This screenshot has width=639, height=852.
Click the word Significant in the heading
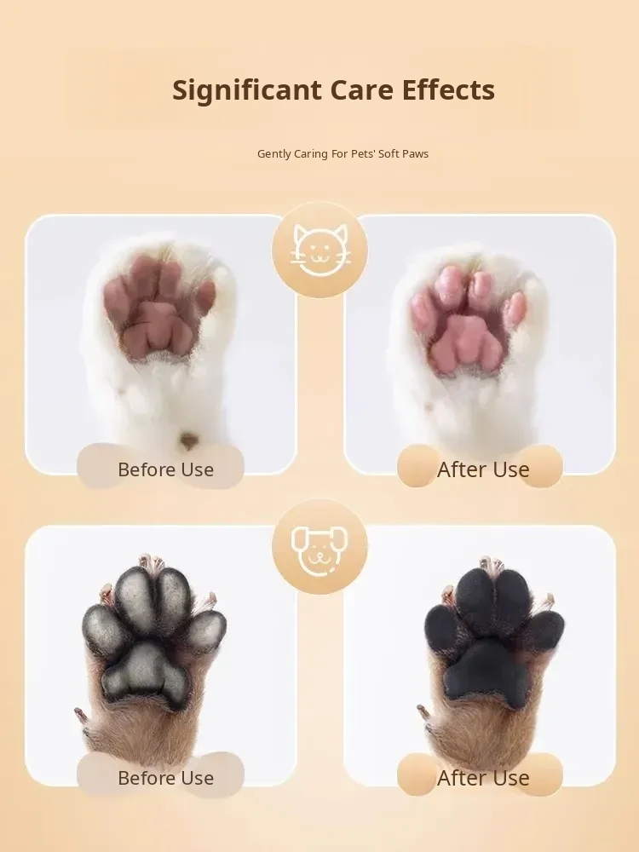coord(247,91)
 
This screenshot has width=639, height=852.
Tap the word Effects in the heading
coord(448,89)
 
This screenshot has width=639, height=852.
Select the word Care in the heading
coord(362,89)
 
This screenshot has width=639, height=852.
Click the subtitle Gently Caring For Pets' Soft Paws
coord(343,153)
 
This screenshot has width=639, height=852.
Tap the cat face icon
coord(320,250)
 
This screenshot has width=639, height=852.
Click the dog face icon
coord(319,547)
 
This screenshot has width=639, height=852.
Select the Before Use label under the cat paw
coord(166,469)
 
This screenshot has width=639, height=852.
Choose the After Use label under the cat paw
coord(483,469)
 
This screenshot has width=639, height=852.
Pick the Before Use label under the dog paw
coord(166,778)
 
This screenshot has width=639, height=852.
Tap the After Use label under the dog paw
coord(483,778)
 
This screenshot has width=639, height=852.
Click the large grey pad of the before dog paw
coord(145,675)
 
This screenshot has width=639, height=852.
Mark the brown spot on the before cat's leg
coord(188,439)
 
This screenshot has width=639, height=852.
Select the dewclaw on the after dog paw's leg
coord(425,712)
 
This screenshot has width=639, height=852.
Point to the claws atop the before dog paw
coord(151,561)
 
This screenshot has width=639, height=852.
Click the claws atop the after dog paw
coord(492,564)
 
